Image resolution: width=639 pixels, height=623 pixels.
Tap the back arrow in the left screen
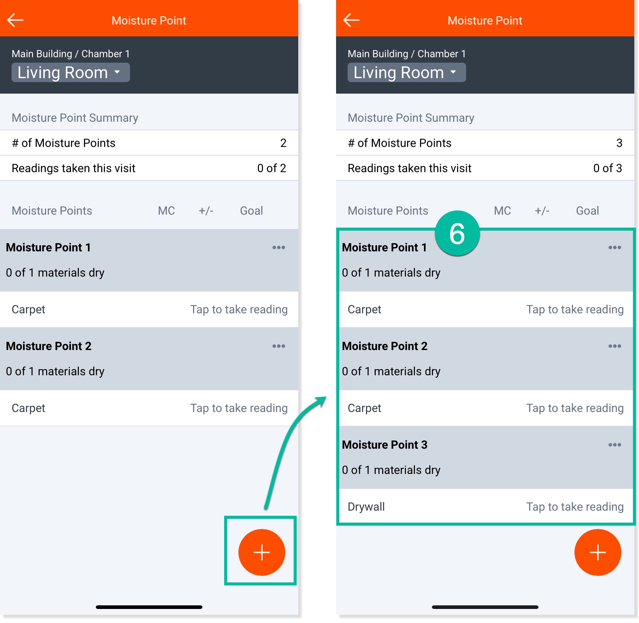15,20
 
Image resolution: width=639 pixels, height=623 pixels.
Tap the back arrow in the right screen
352,20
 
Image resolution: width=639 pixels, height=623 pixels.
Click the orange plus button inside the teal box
262,552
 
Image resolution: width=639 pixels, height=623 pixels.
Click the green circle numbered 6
457,233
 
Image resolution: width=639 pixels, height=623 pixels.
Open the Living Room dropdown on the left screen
71,72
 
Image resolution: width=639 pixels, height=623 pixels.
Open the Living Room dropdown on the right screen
407,72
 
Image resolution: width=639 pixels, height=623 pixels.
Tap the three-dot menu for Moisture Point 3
615,445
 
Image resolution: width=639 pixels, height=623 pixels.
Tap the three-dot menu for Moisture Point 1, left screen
278,247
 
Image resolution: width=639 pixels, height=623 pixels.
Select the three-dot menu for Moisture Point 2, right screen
615,346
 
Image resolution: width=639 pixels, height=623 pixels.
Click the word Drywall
366,507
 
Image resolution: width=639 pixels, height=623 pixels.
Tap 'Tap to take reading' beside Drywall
575,507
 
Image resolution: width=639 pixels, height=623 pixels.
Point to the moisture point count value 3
619,143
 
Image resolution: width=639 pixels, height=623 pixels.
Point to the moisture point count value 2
283,143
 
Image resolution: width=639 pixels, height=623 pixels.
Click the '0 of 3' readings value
608,168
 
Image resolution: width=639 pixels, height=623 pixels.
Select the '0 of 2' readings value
272,168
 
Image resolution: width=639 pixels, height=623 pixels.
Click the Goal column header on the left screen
251,211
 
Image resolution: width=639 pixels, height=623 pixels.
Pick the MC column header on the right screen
502,211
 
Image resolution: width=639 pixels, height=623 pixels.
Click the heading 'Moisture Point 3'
385,445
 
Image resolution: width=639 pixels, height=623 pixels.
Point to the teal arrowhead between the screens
321,400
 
